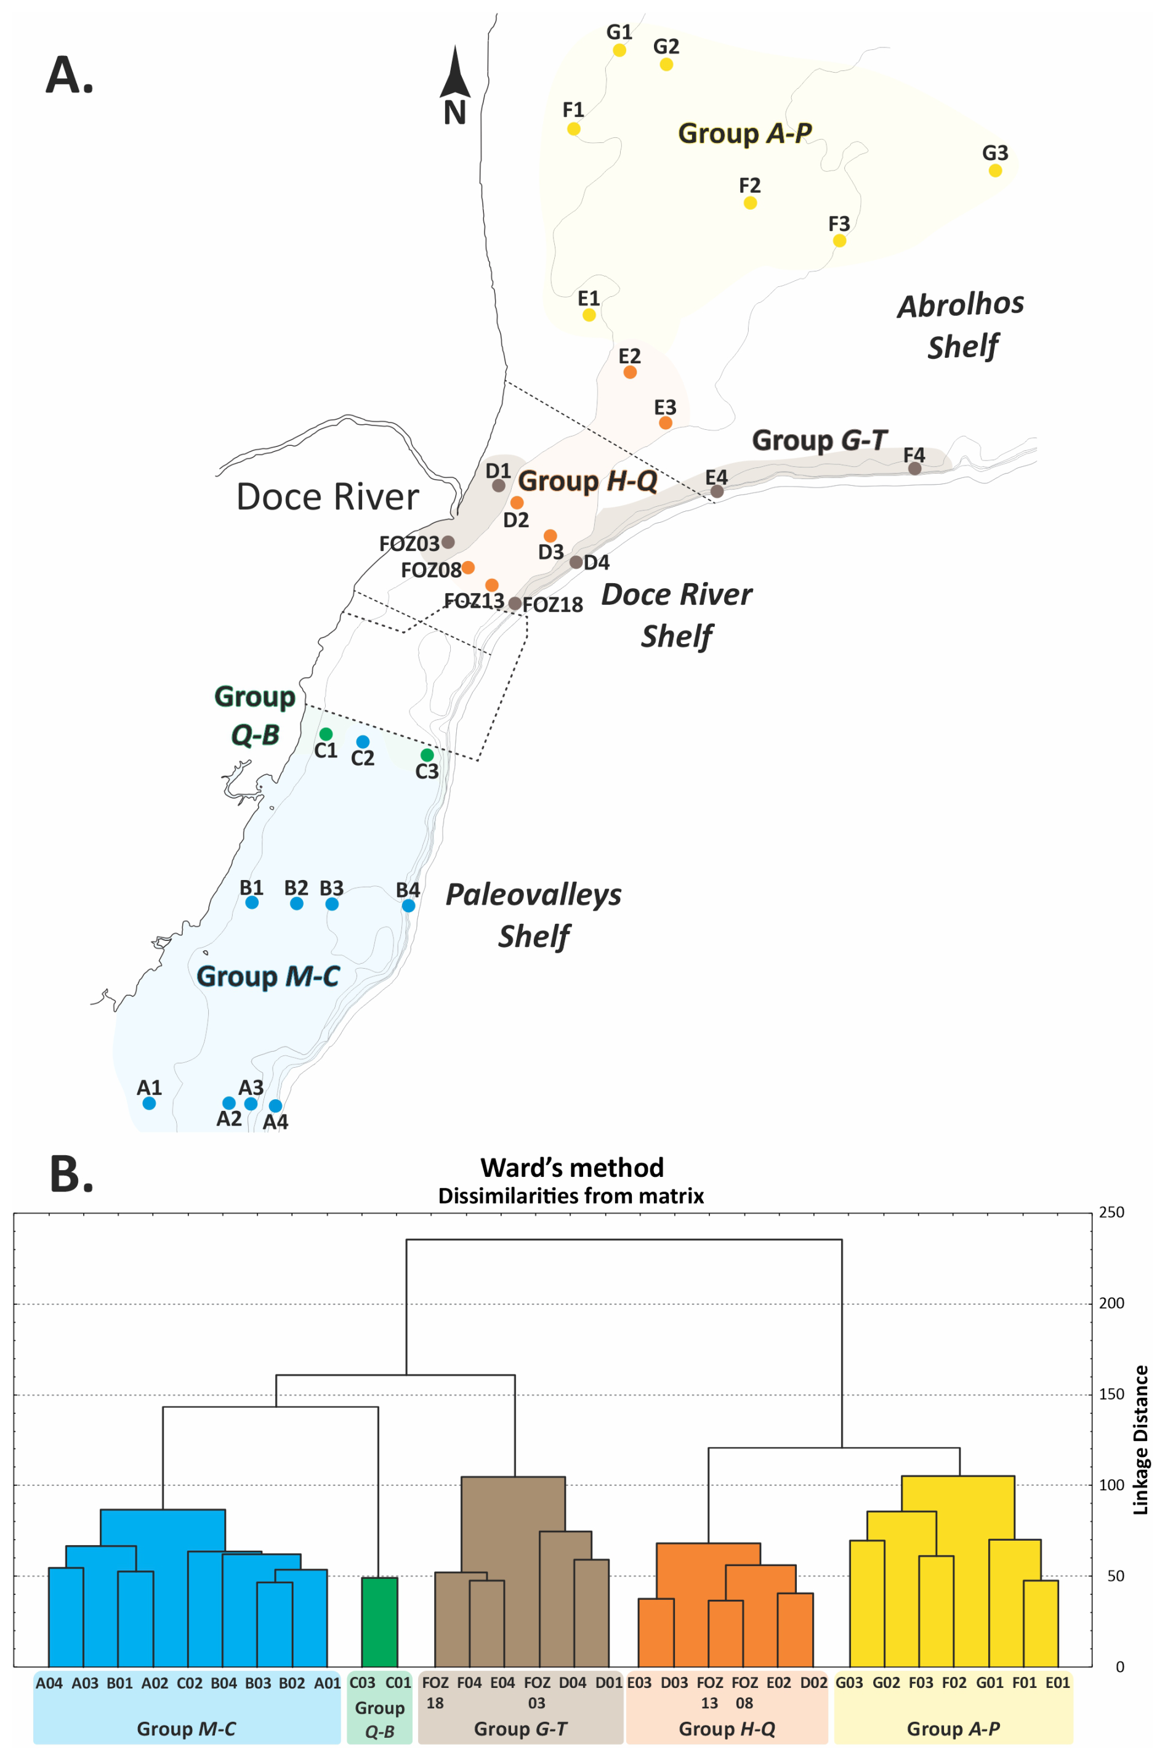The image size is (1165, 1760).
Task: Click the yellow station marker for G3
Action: [x=995, y=170]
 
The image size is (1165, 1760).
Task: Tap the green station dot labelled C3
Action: [x=427, y=755]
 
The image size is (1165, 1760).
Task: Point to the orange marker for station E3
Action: [x=665, y=422]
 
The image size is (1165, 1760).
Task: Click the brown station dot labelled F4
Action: [x=914, y=468]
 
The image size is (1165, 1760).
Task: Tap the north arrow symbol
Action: [x=454, y=75]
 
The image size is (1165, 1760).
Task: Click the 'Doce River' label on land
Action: [x=327, y=496]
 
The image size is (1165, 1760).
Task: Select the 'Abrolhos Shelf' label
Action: [x=961, y=325]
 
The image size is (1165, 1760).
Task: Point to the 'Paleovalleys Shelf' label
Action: [x=533, y=914]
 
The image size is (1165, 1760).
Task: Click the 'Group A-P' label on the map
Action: [x=744, y=133]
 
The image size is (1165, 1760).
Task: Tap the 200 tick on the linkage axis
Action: [x=1111, y=1302]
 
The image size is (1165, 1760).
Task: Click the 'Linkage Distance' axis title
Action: [x=1140, y=1440]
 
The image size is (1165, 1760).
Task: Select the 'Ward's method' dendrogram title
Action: [x=571, y=1167]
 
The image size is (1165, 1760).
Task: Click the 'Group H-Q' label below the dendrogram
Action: [x=727, y=1728]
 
